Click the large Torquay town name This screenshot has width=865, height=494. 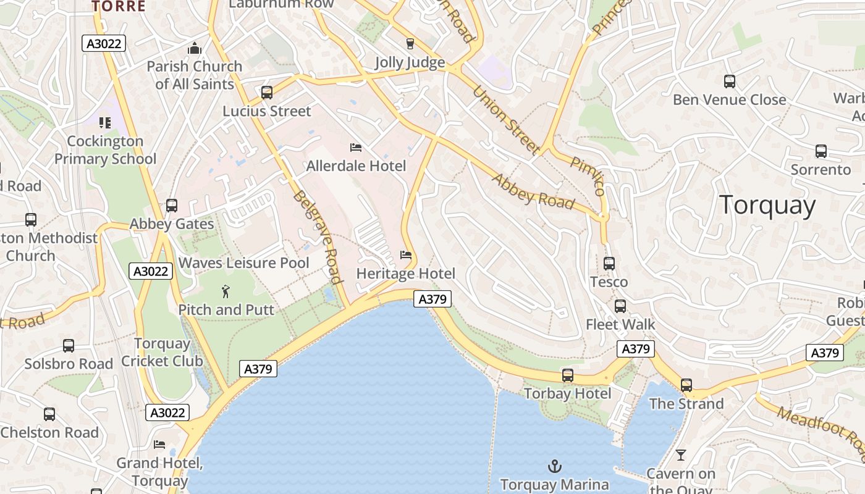(767, 205)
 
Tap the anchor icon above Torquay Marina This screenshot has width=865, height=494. (555, 466)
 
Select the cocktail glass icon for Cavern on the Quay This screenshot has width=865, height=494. (680, 455)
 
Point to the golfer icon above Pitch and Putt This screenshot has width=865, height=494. (226, 291)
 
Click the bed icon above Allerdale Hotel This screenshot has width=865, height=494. (356, 147)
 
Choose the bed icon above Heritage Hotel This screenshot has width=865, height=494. (406, 255)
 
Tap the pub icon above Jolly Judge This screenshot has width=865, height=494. (410, 44)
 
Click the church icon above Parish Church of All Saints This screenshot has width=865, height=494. (195, 48)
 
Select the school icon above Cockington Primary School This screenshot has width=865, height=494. (105, 123)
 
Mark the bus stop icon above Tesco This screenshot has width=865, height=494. (609, 264)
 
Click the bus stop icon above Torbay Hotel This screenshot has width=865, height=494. (567, 375)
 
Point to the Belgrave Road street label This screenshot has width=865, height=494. (318, 237)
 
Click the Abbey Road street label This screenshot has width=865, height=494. (533, 191)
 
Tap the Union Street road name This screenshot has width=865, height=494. (505, 120)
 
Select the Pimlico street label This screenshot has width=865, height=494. (588, 176)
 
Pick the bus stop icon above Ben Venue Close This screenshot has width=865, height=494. (729, 82)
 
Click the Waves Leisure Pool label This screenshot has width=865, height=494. (243, 263)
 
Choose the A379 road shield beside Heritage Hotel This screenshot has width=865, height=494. (432, 299)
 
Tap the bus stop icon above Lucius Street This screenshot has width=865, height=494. (267, 93)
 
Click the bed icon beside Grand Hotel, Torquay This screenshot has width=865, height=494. (159, 445)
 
